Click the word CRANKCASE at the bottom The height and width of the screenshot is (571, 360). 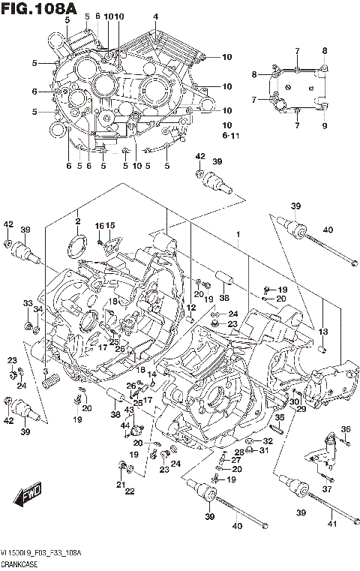[x=20, y=563]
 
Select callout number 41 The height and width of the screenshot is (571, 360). [x=331, y=513]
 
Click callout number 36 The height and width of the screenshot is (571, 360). [x=346, y=429]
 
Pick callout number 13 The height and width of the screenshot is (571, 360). [x=323, y=332]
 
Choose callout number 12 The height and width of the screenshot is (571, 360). [x=191, y=308]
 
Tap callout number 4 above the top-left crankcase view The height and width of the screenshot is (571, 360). [x=155, y=17]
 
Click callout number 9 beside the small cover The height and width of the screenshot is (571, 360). [x=325, y=126]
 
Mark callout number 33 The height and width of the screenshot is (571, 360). [x=28, y=303]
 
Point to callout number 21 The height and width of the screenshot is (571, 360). [x=119, y=485]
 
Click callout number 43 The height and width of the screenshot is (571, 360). [x=128, y=410]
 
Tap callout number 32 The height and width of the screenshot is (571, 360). [x=268, y=441]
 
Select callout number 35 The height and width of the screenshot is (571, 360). [x=279, y=417]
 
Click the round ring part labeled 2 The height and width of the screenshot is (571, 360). [x=76, y=245]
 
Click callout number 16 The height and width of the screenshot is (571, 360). [x=98, y=226]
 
